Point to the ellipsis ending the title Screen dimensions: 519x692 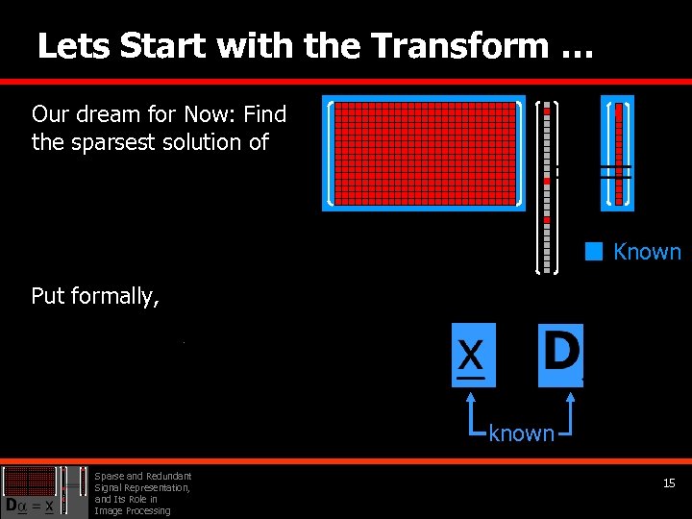(574, 48)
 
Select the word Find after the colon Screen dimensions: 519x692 (264, 114)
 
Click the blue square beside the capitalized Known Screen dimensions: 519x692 (594, 252)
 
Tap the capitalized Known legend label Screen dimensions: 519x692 (647, 252)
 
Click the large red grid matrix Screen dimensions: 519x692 (423, 153)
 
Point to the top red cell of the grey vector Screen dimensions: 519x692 (547, 112)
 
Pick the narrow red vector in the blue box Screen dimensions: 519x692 (618, 153)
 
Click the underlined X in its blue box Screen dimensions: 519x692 (472, 356)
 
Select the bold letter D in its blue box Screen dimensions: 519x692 (560, 354)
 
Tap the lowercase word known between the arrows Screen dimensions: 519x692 (521, 433)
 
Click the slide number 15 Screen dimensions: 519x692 (669, 483)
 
